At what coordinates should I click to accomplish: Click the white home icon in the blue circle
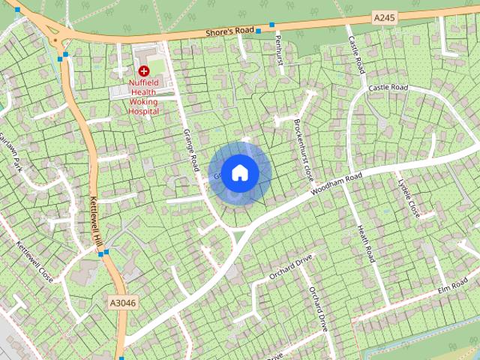(239, 172)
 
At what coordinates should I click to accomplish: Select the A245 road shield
(383, 16)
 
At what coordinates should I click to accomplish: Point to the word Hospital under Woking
(144, 111)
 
